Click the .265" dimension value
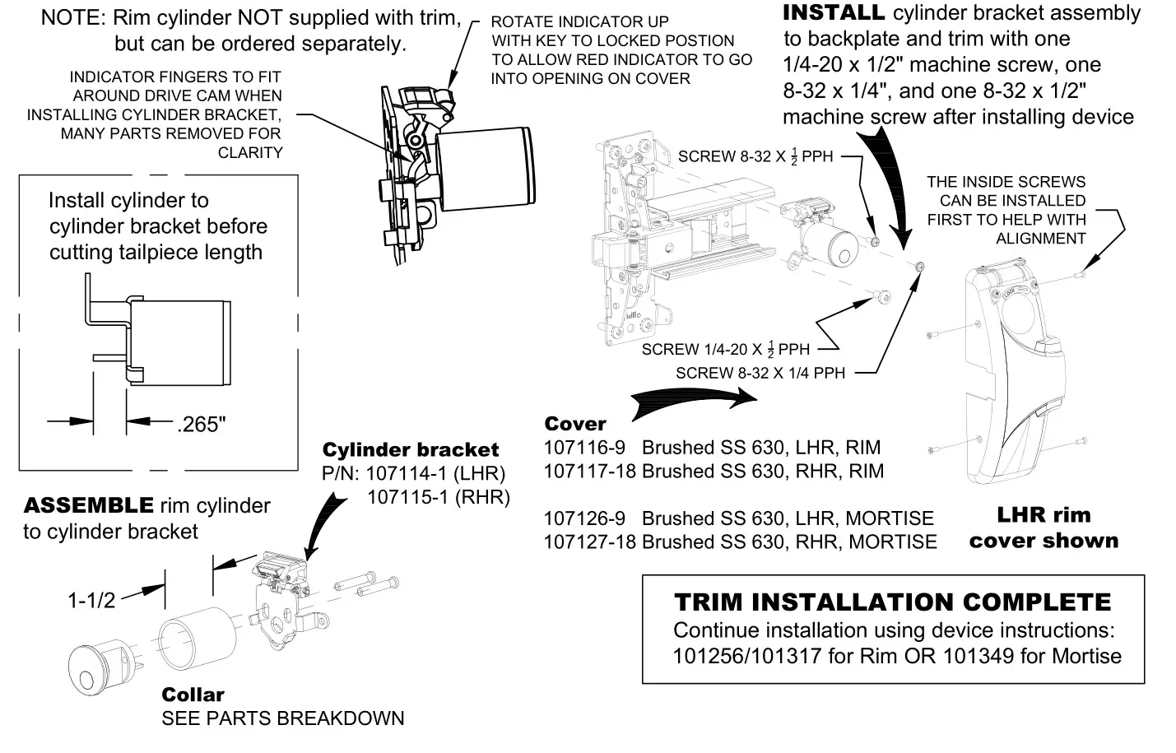(201, 425)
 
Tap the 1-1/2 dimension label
(91, 600)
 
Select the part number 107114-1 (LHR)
(435, 473)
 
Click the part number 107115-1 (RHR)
(438, 497)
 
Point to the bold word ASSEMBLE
(88, 505)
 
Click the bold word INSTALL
(833, 13)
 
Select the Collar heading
(193, 695)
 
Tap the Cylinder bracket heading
(410, 450)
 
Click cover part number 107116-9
(584, 448)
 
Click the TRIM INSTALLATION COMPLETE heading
(892, 602)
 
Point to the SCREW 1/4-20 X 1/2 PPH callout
(725, 350)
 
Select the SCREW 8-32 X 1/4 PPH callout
(760, 374)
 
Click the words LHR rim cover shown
(1043, 528)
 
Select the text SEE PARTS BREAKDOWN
(282, 718)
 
